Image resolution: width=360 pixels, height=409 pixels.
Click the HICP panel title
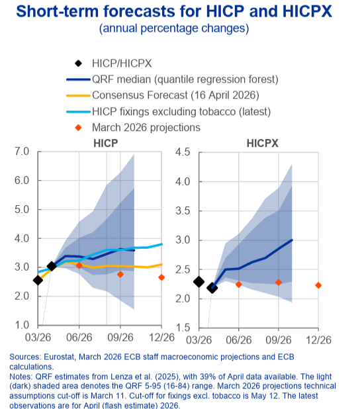point(106,143)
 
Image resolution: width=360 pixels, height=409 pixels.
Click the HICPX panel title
point(263,143)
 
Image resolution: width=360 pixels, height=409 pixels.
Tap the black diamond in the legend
point(78,64)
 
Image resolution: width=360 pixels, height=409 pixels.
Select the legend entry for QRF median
point(185,79)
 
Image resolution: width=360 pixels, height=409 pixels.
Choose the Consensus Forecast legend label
point(175,95)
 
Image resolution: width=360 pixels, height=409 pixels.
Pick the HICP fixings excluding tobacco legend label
point(181,112)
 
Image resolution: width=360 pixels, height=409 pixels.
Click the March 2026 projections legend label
point(146,128)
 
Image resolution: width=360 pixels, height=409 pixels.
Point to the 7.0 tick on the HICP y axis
point(22,152)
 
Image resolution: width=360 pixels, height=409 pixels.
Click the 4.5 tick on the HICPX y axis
point(183,152)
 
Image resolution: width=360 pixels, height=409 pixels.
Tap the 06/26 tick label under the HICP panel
point(79,338)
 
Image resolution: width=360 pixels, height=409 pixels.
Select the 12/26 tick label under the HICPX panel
point(318,340)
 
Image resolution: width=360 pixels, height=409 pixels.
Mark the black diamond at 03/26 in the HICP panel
point(38,281)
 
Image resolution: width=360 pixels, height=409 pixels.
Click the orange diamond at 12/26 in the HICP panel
point(161,277)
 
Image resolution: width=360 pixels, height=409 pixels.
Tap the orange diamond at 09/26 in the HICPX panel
point(279,283)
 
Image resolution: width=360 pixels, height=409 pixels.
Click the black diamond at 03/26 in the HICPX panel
point(199,282)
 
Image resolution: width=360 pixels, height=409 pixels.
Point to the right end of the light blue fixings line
point(162,244)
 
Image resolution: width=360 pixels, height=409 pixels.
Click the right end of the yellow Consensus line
point(162,265)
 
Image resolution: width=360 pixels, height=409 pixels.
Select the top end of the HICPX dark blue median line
point(292,240)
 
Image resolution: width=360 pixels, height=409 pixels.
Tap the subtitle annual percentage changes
point(174,28)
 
